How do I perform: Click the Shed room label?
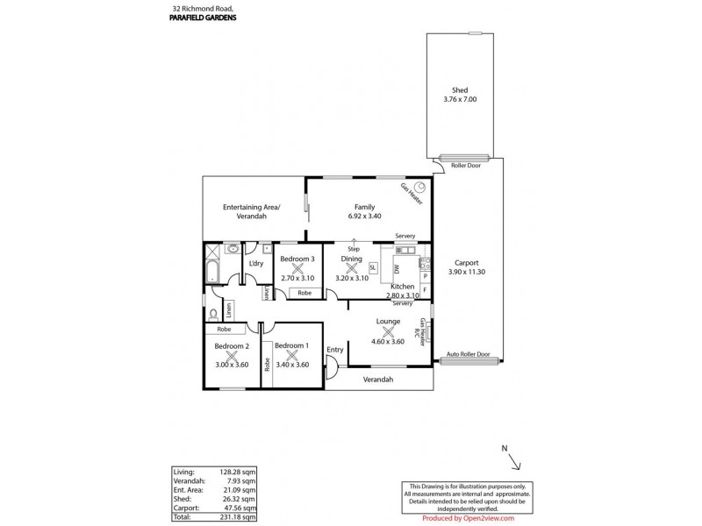(x=459, y=89)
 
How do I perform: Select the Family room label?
(x=352, y=206)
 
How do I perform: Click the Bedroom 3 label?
(x=297, y=259)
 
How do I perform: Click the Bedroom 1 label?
(x=292, y=346)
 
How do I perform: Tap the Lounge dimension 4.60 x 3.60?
(x=387, y=341)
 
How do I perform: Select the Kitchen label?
(x=402, y=287)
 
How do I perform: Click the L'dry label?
(x=256, y=263)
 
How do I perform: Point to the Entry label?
(x=334, y=350)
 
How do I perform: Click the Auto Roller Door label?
(x=469, y=356)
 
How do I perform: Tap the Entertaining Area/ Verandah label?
(x=251, y=210)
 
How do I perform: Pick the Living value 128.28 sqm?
(x=238, y=472)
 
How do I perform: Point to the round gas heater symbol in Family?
(x=419, y=186)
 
